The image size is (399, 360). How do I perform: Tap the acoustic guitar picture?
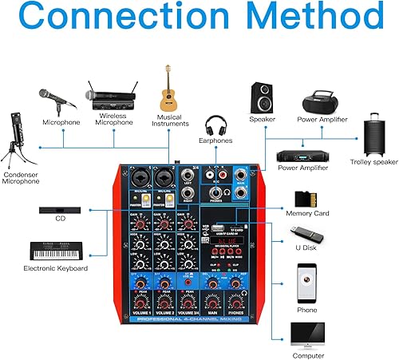coord(168,88)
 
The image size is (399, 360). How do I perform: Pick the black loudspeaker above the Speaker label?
coord(263,97)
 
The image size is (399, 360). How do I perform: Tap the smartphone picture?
coord(306,280)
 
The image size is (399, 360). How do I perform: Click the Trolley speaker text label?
coord(373,162)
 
